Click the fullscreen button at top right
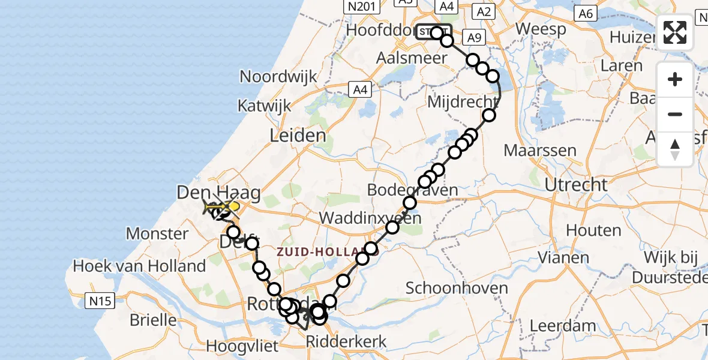tap(675, 32)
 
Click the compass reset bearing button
tap(675, 149)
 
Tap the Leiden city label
tap(298, 135)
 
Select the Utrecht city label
tap(576, 184)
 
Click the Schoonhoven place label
tap(457, 288)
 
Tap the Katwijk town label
tap(264, 106)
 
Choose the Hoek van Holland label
tap(139, 265)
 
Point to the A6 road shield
tap(585, 13)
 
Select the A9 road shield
tap(474, 38)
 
